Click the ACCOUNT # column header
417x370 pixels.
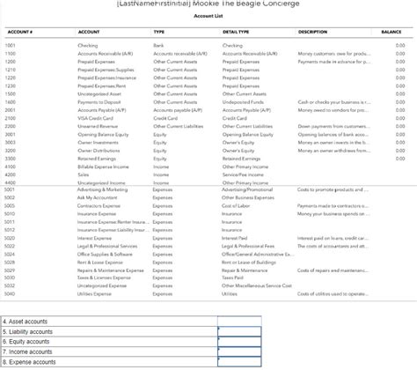(x=18, y=32)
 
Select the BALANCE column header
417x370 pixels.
(x=391, y=32)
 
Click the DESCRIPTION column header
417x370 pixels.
(x=312, y=32)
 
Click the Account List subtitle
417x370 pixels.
(x=208, y=16)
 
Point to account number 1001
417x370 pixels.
(x=11, y=45)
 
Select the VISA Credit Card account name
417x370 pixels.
(x=95, y=117)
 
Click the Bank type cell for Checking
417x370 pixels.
(x=158, y=45)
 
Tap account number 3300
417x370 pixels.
(x=11, y=158)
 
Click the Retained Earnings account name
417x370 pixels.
(x=97, y=158)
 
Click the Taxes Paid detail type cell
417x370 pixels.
(x=233, y=277)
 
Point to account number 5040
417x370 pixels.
(x=11, y=293)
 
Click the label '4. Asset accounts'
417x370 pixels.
(x=26, y=322)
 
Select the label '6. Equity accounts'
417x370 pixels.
(x=27, y=341)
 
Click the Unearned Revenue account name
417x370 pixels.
(x=99, y=126)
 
